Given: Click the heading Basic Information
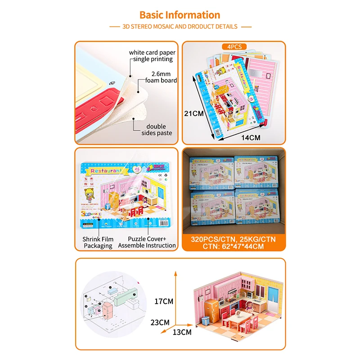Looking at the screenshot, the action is [180, 15].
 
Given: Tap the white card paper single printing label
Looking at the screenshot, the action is [152, 56].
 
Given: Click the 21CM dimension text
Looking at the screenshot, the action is [193, 113].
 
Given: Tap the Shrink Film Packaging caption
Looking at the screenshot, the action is [98, 242].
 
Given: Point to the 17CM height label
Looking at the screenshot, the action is [163, 300].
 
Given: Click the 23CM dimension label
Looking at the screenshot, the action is [161, 322].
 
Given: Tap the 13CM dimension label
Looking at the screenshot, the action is [182, 333].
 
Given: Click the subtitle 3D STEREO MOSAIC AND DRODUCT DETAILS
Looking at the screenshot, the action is [180, 27].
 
